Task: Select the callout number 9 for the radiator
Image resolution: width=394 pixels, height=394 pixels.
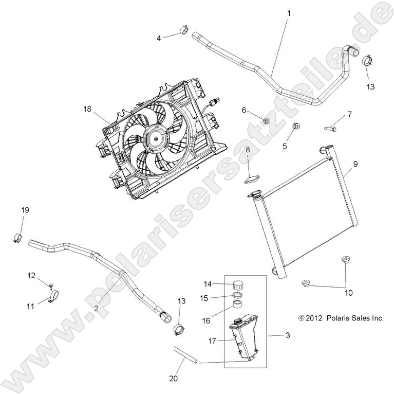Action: point(355,164)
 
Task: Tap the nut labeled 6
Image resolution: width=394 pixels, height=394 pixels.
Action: point(266,121)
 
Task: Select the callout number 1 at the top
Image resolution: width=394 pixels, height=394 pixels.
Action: point(288,13)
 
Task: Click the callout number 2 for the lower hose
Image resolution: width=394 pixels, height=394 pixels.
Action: point(96,309)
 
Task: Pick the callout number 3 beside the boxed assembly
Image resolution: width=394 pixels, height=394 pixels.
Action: point(288,335)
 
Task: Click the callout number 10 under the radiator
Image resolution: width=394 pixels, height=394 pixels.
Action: point(348,293)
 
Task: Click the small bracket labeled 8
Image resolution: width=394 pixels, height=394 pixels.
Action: point(251,180)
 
